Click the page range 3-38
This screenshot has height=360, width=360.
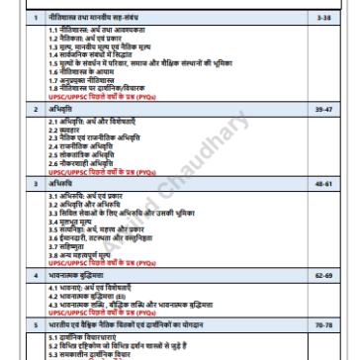click(337, 19)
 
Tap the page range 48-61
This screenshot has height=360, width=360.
click(337, 183)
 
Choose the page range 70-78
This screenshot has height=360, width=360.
click(337, 322)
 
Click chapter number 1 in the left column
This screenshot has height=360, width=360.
click(36, 19)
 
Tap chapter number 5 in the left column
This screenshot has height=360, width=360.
click(36, 322)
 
